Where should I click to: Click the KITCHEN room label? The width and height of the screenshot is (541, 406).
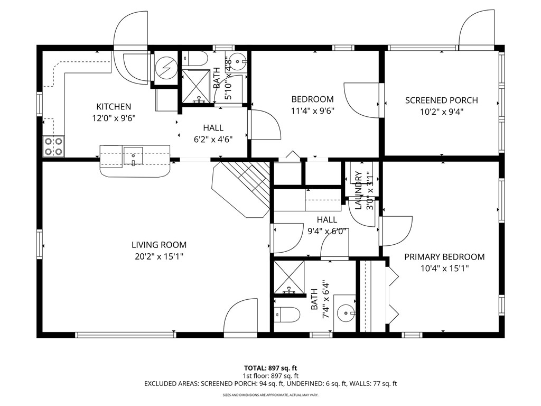114,107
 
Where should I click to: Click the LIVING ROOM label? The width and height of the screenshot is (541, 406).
159,245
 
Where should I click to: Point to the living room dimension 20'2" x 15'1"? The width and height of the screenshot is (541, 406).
159,256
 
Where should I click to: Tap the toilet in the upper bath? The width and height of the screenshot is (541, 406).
194,59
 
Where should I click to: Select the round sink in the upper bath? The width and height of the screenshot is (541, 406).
237,61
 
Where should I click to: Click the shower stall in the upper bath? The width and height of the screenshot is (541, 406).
196,86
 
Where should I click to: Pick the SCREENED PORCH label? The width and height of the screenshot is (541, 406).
442,100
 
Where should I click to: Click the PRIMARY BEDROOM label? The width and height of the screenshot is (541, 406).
444,257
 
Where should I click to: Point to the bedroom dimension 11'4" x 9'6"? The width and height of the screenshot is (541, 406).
313,111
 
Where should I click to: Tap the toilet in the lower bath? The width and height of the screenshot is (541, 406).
287,315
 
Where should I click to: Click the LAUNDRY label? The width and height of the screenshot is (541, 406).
359,190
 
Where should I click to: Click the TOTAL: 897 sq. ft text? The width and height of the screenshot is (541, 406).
270,368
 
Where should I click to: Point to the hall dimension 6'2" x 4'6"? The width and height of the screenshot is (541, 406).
213,140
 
